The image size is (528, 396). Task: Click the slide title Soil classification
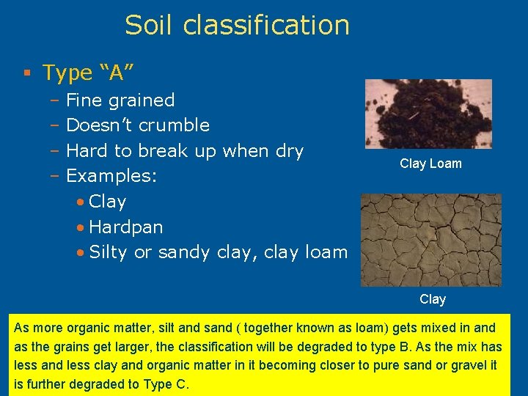pos(237,25)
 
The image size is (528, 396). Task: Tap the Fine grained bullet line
pos(120,100)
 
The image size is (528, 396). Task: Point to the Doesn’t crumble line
pos(138,125)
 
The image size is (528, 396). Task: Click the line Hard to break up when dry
pos(184,151)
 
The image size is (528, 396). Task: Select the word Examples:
pos(107,177)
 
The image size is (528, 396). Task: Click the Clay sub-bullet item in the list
pos(107,202)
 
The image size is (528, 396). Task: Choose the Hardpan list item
pos(125,227)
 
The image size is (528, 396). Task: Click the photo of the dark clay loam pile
pos(428,114)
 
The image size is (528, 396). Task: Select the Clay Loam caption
pos(430,164)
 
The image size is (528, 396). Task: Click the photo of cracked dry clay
pos(430,239)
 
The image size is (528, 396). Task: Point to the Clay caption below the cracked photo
pos(433,299)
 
